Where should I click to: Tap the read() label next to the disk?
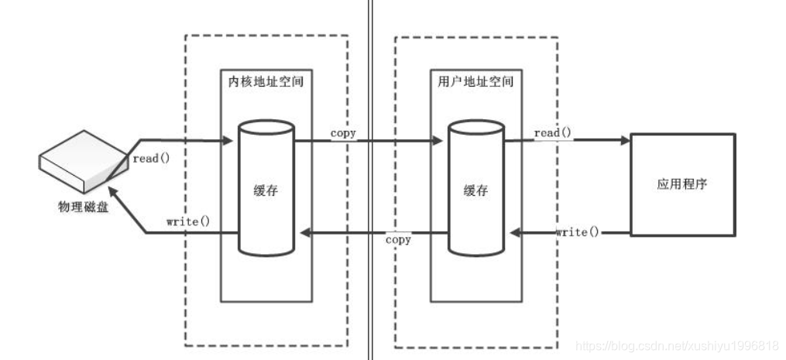(x=152, y=158)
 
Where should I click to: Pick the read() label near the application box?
(x=553, y=133)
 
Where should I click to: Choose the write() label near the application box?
(x=577, y=232)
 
